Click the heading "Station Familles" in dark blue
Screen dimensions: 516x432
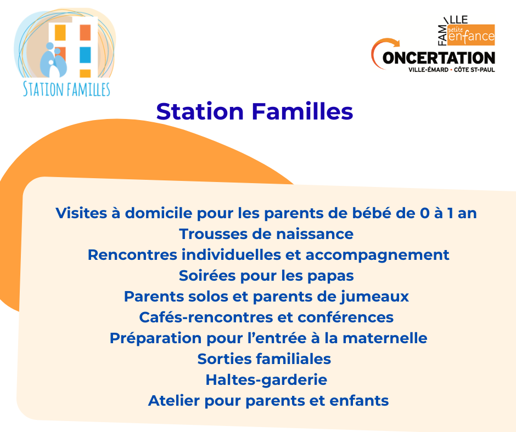click(254, 111)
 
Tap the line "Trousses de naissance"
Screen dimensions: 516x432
click(266, 234)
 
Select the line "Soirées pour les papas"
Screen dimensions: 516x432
click(266, 276)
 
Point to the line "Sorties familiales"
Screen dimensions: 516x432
click(264, 359)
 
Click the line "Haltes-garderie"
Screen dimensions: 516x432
click(266, 380)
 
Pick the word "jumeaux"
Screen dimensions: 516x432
click(374, 297)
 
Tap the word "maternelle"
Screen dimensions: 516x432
click(385, 338)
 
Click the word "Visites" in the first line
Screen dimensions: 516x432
click(81, 213)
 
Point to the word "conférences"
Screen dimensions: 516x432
click(345, 317)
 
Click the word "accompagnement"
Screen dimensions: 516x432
click(378, 255)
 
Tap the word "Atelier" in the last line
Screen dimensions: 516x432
click(174, 401)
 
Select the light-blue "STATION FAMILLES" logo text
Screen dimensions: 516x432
click(66, 89)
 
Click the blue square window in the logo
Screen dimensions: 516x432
click(85, 55)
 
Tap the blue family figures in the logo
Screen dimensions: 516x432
click(53, 60)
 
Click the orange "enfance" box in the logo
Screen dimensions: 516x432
click(471, 35)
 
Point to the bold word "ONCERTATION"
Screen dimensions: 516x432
click(439, 58)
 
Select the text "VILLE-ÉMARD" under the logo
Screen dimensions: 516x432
click(428, 70)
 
